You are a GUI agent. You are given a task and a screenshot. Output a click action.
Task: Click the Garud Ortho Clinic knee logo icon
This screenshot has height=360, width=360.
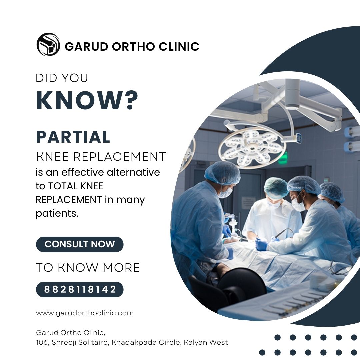pyautogui.click(x=48, y=44)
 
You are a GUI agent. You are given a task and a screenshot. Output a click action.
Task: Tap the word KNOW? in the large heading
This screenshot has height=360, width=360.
pyautogui.click(x=87, y=100)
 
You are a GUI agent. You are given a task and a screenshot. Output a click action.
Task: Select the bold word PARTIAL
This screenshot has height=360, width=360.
pyautogui.click(x=73, y=137)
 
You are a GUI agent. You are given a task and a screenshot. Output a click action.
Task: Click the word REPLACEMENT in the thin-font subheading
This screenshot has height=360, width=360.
pyautogui.click(x=119, y=157)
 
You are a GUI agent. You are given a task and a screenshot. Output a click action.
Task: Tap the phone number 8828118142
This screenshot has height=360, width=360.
pyautogui.click(x=80, y=289)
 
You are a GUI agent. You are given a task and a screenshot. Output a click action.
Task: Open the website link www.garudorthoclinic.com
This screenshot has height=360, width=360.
pyautogui.click(x=85, y=313)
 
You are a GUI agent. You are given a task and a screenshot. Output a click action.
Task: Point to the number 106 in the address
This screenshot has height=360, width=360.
pyautogui.click(x=42, y=342)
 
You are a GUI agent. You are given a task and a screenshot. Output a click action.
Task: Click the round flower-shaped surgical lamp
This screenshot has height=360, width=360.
pyautogui.click(x=252, y=146)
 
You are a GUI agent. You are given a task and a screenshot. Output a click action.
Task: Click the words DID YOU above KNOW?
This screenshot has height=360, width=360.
pyautogui.click(x=62, y=78)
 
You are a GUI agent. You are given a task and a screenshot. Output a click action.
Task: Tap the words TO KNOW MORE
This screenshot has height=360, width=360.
pyautogui.click(x=88, y=268)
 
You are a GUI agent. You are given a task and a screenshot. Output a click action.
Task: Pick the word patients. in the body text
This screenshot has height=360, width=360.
pyautogui.click(x=57, y=214)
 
